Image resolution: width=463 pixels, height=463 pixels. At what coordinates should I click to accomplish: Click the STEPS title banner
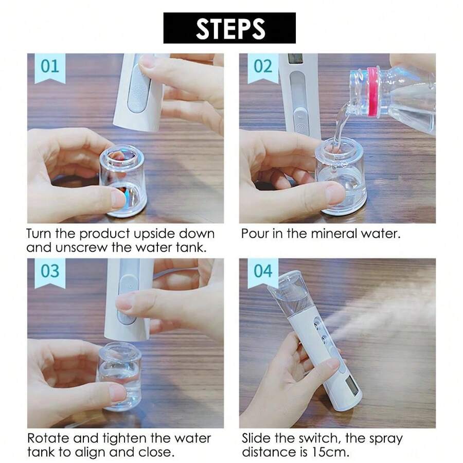[x=229, y=28]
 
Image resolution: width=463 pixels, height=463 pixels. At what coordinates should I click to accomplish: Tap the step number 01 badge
[x=50, y=67]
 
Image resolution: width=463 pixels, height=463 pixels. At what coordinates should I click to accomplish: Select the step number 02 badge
[x=262, y=67]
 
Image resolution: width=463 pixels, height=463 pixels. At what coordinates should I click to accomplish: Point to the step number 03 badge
[x=50, y=271]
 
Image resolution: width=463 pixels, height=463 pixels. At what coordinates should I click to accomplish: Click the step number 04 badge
[x=262, y=271]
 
